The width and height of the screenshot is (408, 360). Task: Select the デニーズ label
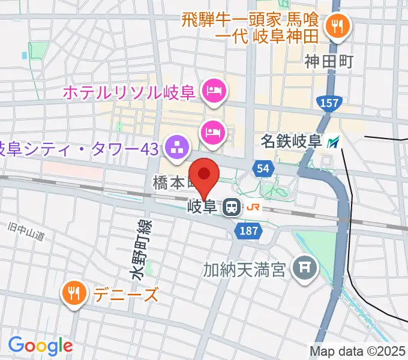tap(126, 295)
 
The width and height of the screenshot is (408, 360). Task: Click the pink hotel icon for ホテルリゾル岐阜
tap(214, 92)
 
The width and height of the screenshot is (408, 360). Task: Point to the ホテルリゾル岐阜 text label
tap(128, 93)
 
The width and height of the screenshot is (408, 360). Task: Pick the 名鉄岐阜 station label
tap(292, 142)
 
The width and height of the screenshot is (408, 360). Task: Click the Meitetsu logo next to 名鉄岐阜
tap(334, 142)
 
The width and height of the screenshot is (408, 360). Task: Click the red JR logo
tap(254, 208)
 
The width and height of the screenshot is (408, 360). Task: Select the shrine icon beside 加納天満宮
tap(305, 265)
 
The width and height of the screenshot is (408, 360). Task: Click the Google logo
tap(40, 345)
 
